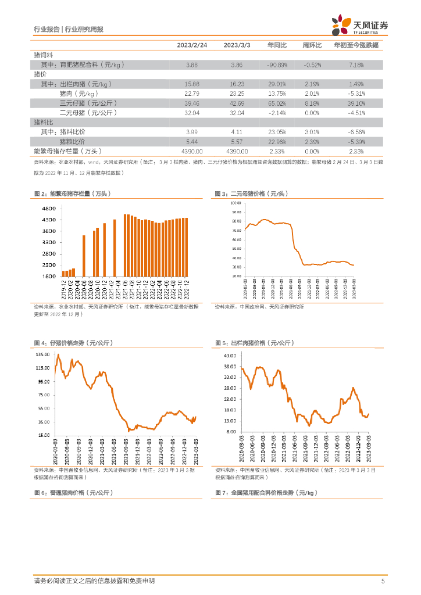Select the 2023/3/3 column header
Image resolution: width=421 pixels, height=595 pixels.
(x=237, y=45)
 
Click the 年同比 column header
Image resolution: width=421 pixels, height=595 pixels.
(x=277, y=45)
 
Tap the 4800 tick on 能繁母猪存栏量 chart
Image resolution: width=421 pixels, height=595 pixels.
(x=48, y=209)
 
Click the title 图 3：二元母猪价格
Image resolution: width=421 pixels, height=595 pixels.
(x=251, y=193)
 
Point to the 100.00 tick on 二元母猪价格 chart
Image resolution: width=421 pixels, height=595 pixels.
(x=236, y=203)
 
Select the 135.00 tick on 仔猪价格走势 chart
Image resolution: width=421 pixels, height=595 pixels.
(x=42, y=354)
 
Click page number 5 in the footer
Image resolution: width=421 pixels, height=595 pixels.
(x=383, y=581)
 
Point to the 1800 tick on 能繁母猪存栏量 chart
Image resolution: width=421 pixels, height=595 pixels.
(x=48, y=277)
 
